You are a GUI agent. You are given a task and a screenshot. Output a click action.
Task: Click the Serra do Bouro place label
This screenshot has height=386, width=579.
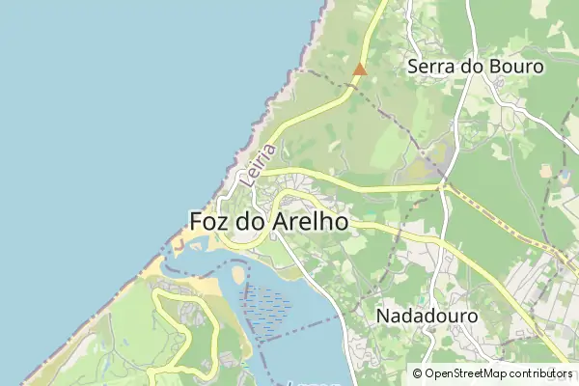(x=476, y=67)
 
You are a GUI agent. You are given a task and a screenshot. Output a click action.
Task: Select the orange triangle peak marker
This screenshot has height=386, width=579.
(x=360, y=69)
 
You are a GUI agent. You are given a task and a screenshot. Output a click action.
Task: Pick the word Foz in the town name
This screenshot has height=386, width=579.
(x=209, y=221)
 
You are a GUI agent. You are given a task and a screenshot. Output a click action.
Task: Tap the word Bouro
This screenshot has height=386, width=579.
(x=517, y=67)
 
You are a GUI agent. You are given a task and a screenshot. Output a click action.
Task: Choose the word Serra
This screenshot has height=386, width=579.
(x=431, y=67)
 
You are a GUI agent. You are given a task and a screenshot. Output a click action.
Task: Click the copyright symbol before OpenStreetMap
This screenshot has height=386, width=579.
(x=417, y=372)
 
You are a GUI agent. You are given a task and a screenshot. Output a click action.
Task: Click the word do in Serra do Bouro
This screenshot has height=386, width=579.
(x=470, y=67)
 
